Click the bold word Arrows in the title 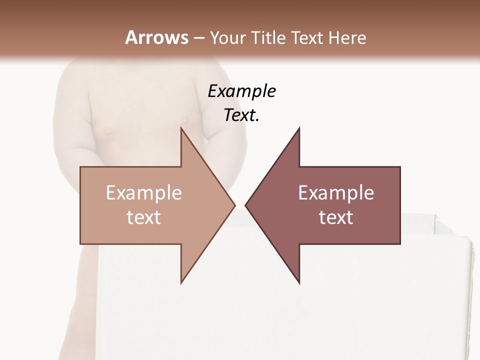[156, 37]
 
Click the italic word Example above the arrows [242, 91]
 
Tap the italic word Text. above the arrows [242, 115]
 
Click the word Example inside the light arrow [144, 193]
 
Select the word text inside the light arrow [144, 217]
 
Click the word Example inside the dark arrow [336, 193]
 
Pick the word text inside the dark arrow [336, 217]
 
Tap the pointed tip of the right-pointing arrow [234, 205]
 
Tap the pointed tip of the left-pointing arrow [245, 205]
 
